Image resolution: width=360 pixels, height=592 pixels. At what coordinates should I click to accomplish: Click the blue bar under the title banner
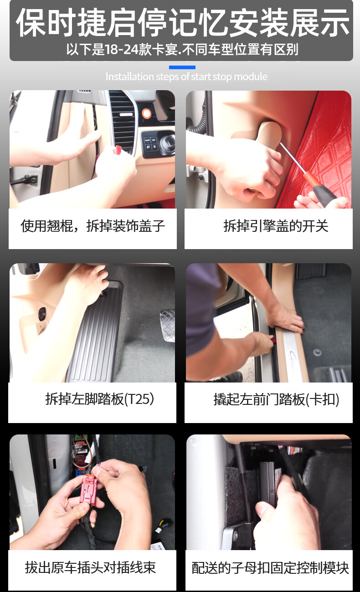[x=182, y=67]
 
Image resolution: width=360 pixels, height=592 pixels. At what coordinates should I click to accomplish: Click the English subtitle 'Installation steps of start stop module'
[x=186, y=77]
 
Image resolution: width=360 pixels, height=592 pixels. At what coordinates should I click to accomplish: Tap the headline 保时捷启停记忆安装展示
[x=183, y=22]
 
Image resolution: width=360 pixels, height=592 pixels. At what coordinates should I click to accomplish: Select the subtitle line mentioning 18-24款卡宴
[x=182, y=50]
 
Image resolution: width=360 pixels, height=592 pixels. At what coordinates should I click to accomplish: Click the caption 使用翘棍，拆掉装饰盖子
[x=93, y=226]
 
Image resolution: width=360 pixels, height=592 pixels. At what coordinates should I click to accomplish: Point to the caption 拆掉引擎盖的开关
[x=276, y=226]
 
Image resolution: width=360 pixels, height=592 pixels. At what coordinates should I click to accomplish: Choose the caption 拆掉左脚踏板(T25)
[x=99, y=399]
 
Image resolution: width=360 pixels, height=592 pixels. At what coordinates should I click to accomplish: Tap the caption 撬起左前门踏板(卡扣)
[x=276, y=399]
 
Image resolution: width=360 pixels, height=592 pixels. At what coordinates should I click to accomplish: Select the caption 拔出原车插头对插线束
[x=91, y=567]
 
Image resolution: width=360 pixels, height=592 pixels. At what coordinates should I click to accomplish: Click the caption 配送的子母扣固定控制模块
[x=270, y=568]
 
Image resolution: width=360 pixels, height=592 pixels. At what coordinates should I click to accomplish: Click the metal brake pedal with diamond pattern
[x=168, y=326]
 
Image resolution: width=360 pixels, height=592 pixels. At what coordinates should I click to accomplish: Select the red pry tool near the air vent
[x=117, y=150]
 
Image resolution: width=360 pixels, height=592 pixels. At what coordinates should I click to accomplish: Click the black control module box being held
[x=267, y=483]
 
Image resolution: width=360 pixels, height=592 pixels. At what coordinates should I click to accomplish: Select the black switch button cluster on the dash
[x=151, y=144]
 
